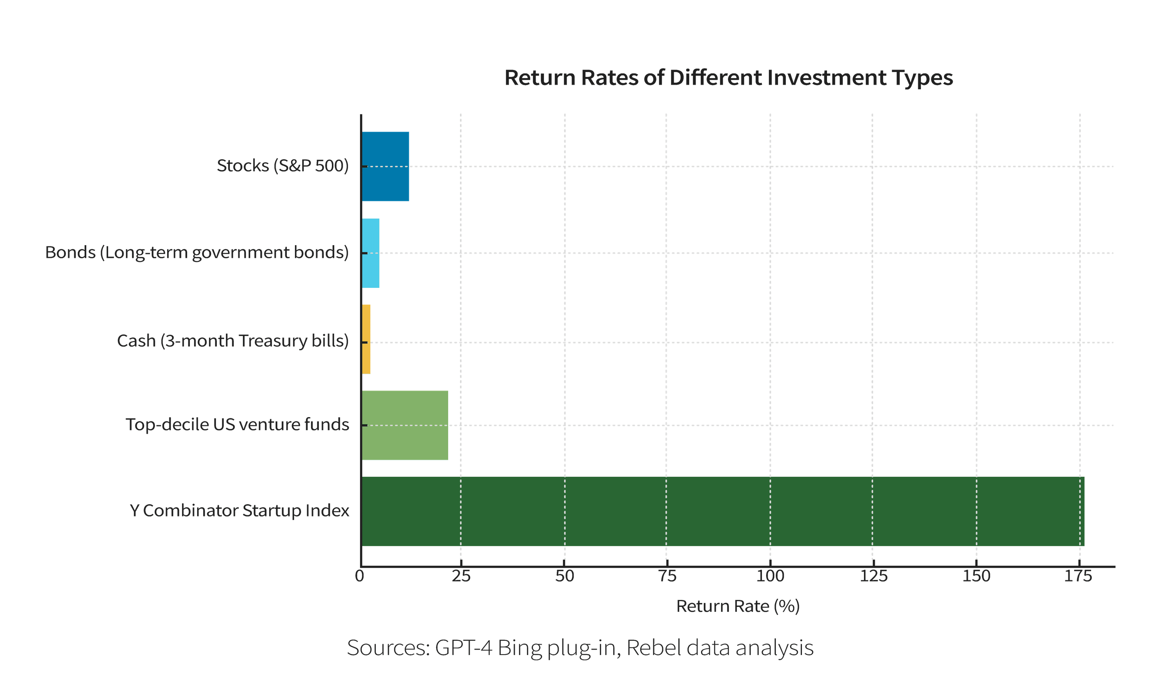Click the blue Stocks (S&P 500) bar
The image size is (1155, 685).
click(x=385, y=166)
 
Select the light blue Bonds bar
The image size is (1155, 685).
click(x=371, y=253)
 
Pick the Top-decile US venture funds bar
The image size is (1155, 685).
click(x=405, y=425)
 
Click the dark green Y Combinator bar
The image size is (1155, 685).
click(x=723, y=511)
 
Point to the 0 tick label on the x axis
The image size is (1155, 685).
click(x=360, y=576)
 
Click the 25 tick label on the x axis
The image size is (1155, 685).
click(x=460, y=576)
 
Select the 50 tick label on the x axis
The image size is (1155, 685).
click(x=564, y=576)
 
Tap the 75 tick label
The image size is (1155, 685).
click(x=667, y=576)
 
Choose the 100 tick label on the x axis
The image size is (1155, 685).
click(x=770, y=576)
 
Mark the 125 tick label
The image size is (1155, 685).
click(x=873, y=576)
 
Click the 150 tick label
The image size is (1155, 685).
click(x=976, y=576)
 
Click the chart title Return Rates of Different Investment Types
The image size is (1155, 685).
click(x=729, y=78)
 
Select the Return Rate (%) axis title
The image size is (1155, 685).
click(x=738, y=606)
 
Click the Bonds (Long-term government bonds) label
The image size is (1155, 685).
click(x=197, y=253)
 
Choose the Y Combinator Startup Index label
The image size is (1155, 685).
click(x=239, y=511)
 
